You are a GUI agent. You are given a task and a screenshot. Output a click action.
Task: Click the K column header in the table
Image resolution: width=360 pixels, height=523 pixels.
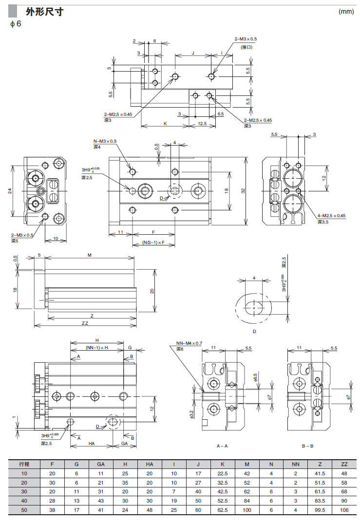click(222, 465)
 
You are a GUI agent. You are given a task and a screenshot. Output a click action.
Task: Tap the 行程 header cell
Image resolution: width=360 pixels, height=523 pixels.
click(24, 465)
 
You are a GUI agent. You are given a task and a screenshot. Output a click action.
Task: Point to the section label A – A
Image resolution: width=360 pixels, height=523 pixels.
click(222, 446)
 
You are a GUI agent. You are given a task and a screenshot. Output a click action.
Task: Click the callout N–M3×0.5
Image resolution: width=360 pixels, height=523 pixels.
click(105, 141)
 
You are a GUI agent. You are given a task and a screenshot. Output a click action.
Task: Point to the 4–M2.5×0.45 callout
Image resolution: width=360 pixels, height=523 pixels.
click(332, 215)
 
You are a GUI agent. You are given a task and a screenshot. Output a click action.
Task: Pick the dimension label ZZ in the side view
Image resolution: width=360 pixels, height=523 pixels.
click(85, 323)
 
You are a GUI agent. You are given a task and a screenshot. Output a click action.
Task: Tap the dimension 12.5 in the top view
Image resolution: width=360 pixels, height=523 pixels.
click(203, 124)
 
